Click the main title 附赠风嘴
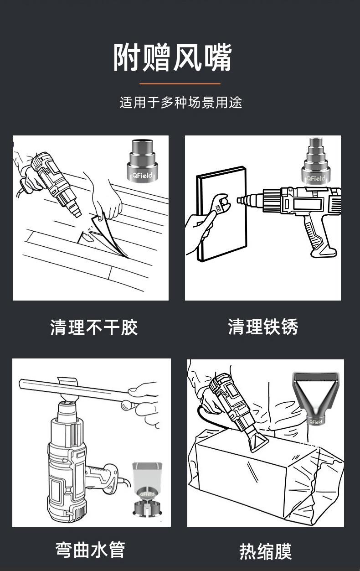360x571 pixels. tap(173, 57)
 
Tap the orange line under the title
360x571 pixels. tap(180, 83)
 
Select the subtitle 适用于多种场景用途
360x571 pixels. tap(180, 103)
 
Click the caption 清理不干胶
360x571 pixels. tap(94, 327)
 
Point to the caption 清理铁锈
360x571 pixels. tap(262, 327)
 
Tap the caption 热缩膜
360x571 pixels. tap(265, 551)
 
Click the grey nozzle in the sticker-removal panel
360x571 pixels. tap(143, 161)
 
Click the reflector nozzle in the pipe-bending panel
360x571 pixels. tap(147, 488)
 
